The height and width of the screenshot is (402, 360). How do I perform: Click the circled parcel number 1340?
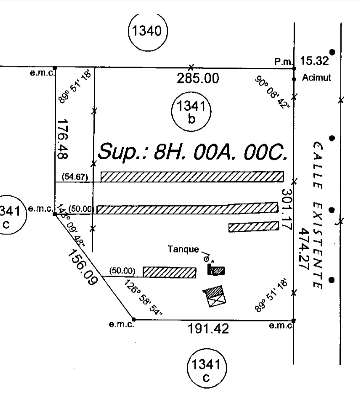147,32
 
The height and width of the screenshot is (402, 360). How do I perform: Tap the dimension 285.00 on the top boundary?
198,79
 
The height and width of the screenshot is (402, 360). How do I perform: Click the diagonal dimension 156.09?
83,267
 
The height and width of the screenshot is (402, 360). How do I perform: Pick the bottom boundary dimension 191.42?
208,329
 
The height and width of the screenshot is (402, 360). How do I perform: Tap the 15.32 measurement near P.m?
314,61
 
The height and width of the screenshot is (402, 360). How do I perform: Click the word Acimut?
316,78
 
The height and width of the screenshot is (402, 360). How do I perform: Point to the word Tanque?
183,249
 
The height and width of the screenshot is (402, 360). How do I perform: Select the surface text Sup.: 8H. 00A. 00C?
192,152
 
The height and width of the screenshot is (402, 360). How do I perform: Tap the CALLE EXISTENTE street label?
317,215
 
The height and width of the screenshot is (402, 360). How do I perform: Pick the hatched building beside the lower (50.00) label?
169,272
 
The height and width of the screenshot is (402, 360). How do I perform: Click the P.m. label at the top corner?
283,62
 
